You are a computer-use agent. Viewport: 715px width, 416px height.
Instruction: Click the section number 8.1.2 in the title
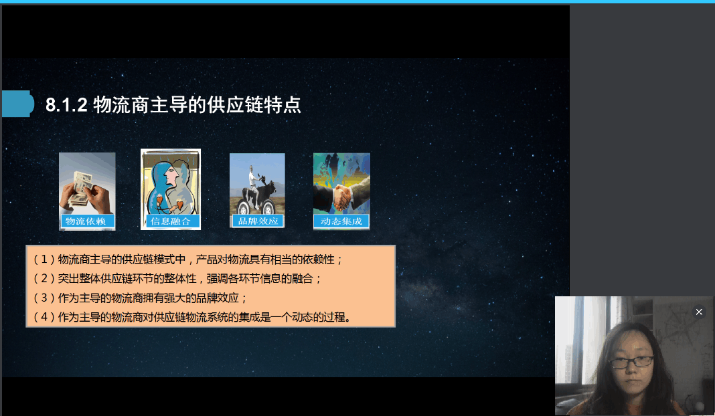click(66, 105)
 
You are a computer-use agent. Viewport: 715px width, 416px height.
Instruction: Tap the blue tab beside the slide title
click(18, 104)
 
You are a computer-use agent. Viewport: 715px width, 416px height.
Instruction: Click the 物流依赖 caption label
click(86, 221)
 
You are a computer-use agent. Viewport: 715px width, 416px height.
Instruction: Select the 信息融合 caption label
click(171, 221)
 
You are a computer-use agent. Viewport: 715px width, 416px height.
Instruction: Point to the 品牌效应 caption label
click(258, 221)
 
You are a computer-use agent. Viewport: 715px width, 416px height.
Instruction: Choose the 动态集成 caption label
click(341, 221)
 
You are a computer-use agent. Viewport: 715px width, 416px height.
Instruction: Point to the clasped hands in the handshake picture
click(341, 197)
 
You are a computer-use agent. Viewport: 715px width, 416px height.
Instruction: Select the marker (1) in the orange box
click(44, 259)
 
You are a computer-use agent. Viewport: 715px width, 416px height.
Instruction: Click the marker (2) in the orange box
click(44, 278)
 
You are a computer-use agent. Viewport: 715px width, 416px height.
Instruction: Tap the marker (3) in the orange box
click(44, 298)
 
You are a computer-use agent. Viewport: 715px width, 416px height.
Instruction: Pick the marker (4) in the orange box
click(44, 316)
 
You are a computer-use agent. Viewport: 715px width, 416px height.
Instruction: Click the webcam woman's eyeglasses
click(631, 362)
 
